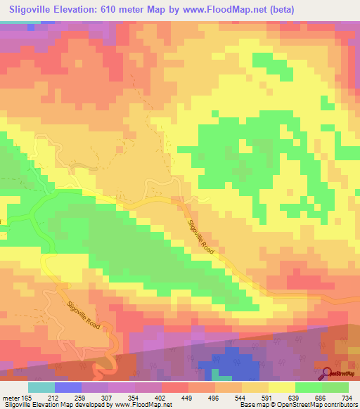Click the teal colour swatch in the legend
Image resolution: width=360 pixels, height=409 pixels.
pos(41,387)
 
